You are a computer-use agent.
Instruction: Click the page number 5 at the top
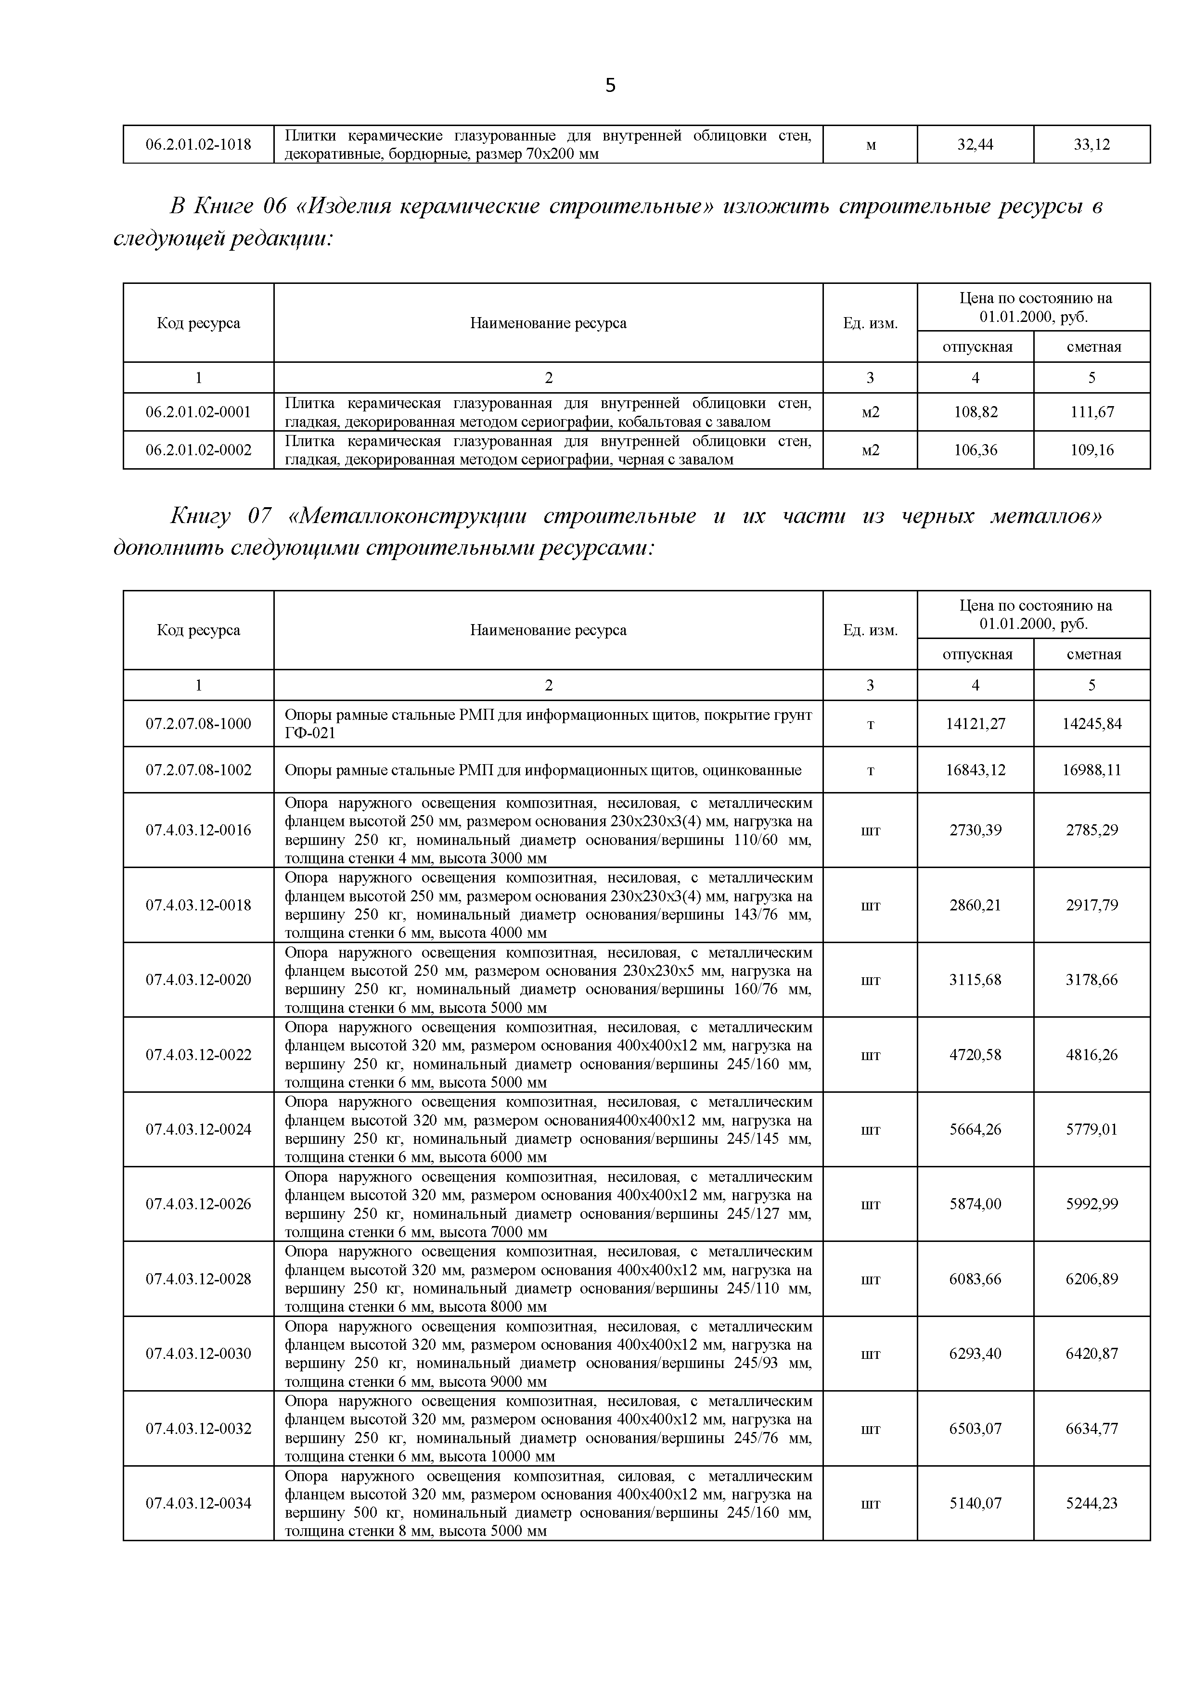[x=610, y=86]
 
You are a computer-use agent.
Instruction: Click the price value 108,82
[x=976, y=412]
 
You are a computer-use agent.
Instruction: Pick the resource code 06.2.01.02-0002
[x=198, y=450]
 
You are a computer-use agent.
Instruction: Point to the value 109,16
[x=1092, y=450]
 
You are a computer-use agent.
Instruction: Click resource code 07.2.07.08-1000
[x=198, y=724]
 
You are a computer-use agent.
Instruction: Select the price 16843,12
[x=976, y=770]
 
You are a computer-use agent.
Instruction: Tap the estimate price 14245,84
[x=1092, y=724]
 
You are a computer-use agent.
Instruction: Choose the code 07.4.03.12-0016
[x=198, y=831]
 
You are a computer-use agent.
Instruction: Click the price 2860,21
[x=976, y=906]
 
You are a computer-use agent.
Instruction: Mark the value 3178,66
[x=1092, y=980]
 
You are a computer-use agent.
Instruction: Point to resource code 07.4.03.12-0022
[x=198, y=1055]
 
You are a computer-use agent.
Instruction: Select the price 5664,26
[x=976, y=1130]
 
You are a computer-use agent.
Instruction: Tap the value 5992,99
[x=1092, y=1204]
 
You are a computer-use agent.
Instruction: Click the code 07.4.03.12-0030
[x=198, y=1354]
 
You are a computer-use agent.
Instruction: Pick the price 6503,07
[x=976, y=1429]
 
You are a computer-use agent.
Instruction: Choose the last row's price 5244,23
[x=1092, y=1504]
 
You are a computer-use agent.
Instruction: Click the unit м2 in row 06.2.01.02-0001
[x=871, y=412]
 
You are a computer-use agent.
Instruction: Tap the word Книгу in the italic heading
[x=200, y=517]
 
